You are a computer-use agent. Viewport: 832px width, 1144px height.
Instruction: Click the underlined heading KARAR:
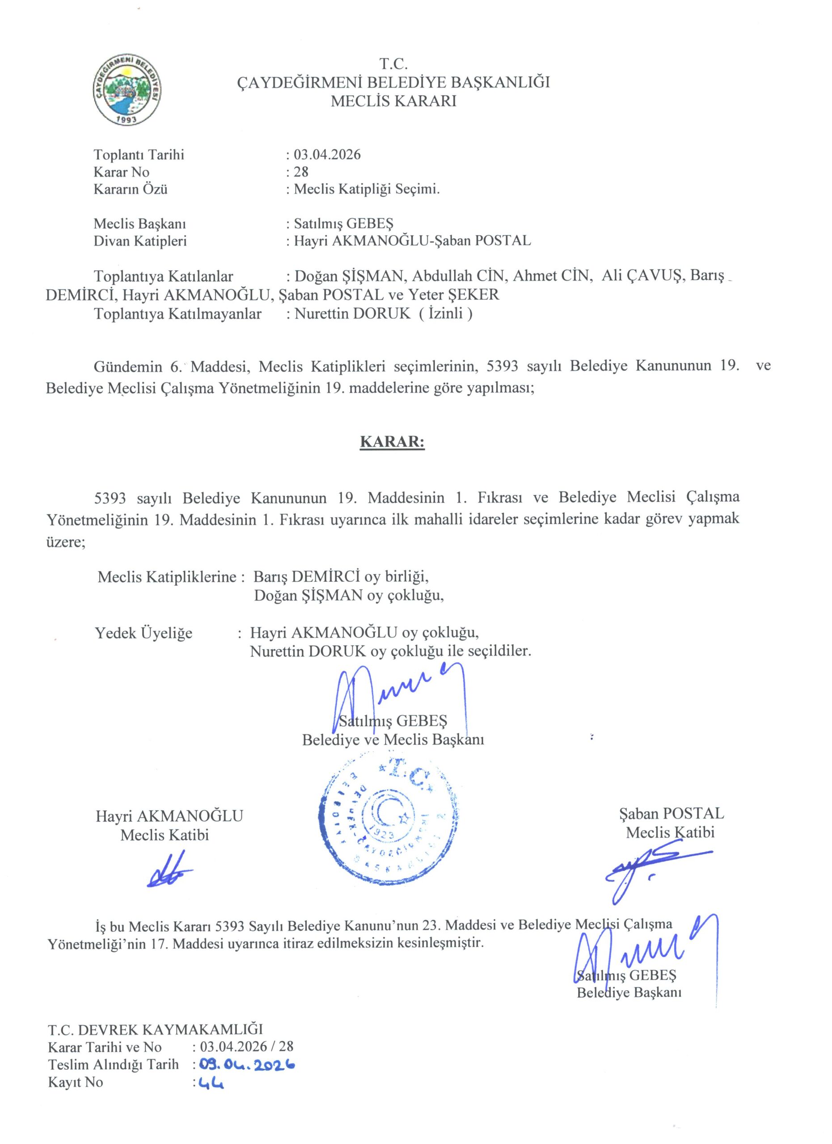(x=392, y=442)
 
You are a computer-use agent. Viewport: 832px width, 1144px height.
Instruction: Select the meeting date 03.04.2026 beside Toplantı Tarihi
(x=327, y=154)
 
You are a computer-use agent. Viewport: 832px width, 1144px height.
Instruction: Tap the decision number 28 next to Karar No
(x=301, y=172)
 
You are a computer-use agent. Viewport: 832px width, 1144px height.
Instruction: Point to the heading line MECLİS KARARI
(x=393, y=101)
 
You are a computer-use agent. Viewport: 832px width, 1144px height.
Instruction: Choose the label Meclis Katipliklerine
(x=167, y=576)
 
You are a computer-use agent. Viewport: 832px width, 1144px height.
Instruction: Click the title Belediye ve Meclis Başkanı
(x=393, y=740)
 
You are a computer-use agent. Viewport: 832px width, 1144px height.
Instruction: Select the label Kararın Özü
(x=130, y=189)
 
